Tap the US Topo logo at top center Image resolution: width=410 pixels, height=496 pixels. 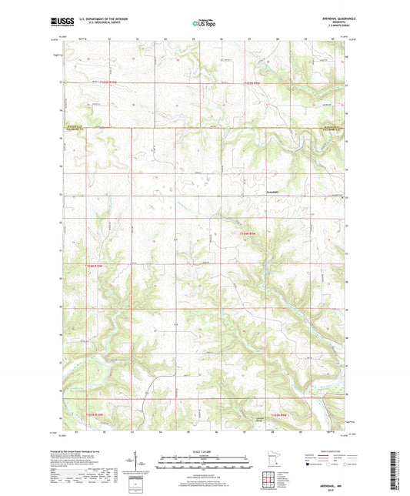(x=204, y=25)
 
